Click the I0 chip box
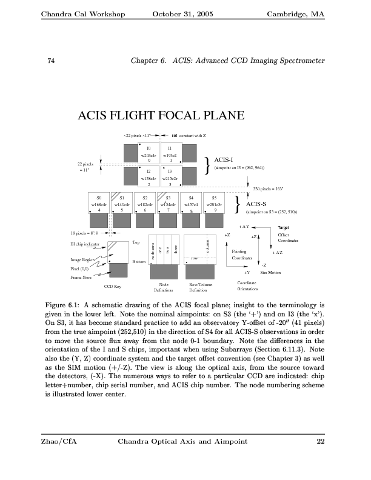[149, 152]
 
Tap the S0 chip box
[99, 203]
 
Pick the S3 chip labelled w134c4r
[168, 203]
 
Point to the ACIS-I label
[225, 159]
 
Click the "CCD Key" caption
[113, 285]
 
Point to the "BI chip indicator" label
[87, 244]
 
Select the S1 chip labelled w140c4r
[122, 203]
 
